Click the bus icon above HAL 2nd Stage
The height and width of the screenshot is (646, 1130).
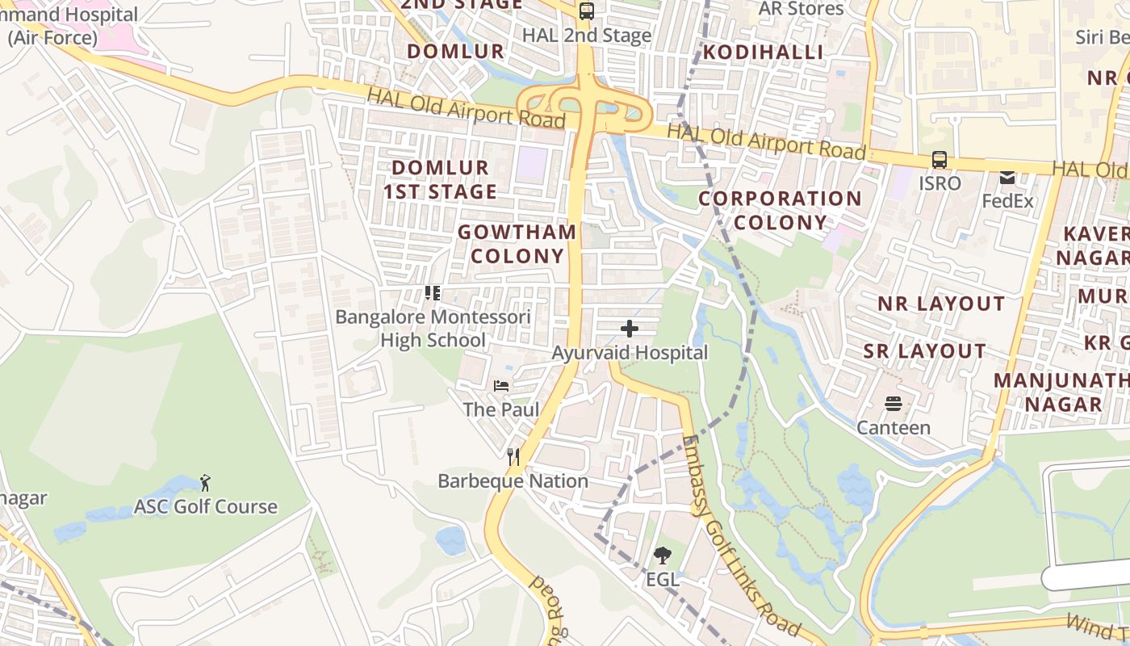click(x=587, y=11)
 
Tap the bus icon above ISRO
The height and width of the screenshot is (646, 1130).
click(x=940, y=159)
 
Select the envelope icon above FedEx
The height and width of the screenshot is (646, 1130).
click(x=1007, y=177)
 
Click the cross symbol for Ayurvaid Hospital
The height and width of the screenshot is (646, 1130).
click(x=630, y=329)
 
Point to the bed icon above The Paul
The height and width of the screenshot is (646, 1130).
click(x=501, y=386)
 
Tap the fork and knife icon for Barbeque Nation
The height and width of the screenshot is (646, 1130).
click(x=513, y=457)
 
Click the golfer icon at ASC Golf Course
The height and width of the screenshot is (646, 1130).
click(x=205, y=483)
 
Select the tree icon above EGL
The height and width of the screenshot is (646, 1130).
click(x=662, y=555)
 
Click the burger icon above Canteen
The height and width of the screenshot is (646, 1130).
click(x=894, y=403)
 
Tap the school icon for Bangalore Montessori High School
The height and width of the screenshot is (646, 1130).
click(x=433, y=293)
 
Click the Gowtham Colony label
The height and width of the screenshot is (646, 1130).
click(x=517, y=244)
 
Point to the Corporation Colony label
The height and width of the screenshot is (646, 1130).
click(x=781, y=210)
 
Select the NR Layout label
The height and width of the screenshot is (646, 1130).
click(x=942, y=304)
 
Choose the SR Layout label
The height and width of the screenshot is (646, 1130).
click(x=924, y=351)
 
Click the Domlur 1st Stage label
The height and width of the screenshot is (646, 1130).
click(x=440, y=179)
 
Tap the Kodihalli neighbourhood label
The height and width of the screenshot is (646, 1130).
click(x=763, y=52)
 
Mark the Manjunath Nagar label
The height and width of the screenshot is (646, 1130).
click(x=1058, y=392)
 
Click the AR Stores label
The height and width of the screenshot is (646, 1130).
click(x=801, y=9)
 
